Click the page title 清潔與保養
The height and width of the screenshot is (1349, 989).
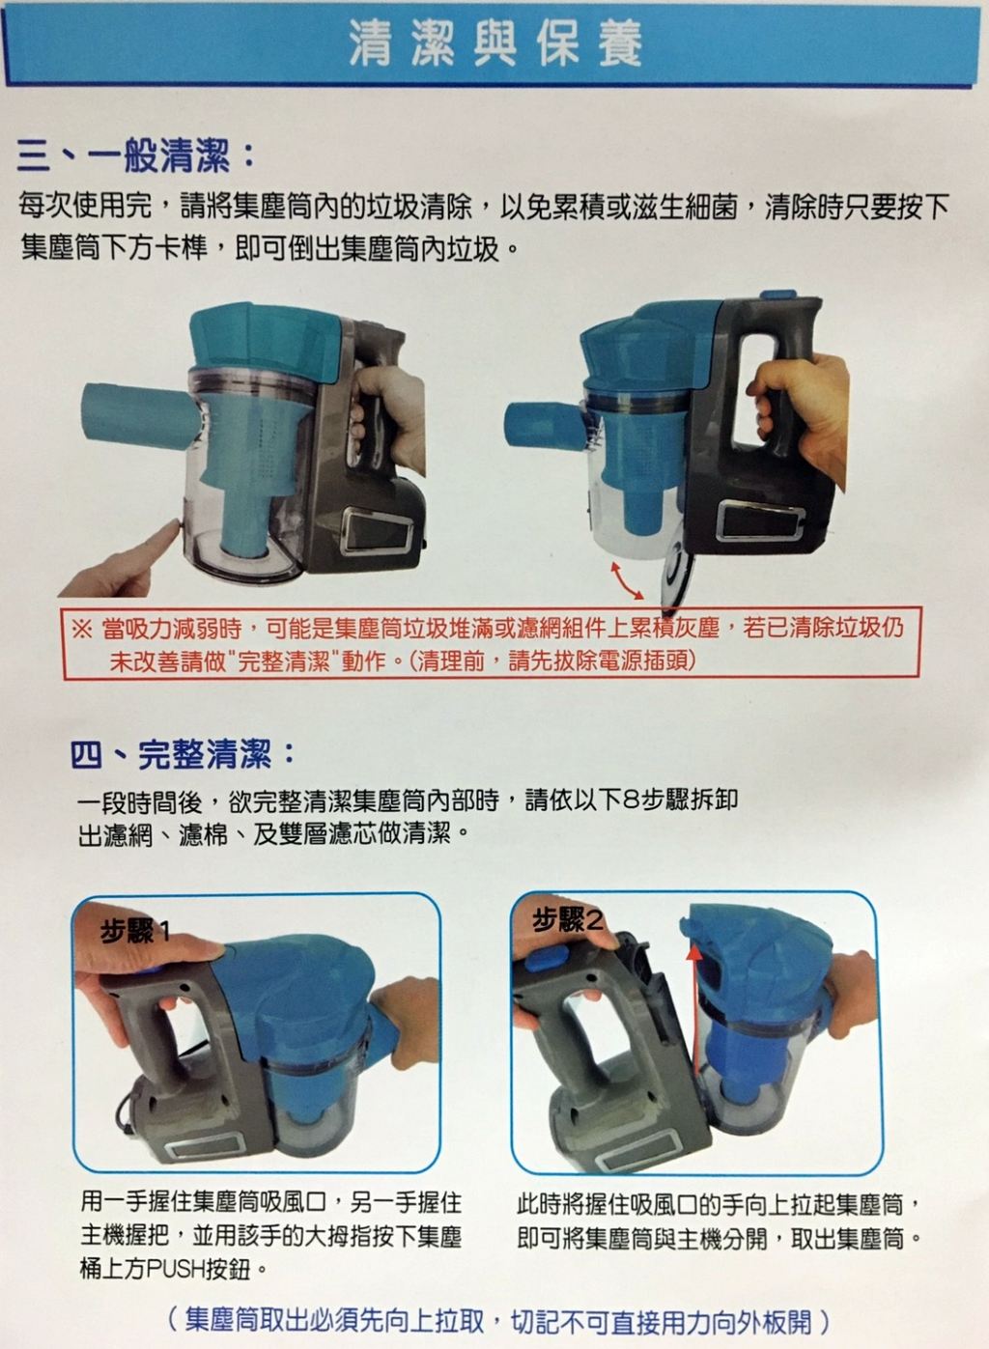point(495,44)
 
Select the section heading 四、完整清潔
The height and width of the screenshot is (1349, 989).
point(183,755)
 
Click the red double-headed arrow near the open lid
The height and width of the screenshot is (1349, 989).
point(627,580)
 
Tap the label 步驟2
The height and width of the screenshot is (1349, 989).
point(567,920)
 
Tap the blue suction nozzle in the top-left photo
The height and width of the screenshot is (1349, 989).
point(140,415)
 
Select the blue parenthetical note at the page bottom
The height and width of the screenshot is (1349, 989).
point(497,1320)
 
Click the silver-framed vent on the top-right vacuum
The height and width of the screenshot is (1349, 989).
point(760,520)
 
